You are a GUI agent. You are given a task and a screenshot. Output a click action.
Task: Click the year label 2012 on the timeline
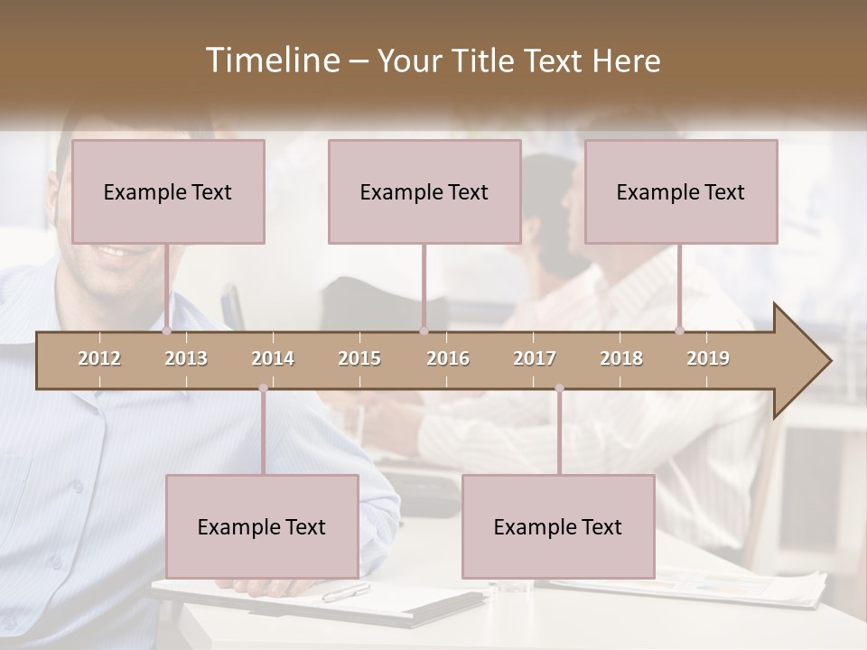click(99, 358)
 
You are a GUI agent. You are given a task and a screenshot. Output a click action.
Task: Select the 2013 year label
click(186, 358)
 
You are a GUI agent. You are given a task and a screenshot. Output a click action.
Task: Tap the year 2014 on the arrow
click(273, 358)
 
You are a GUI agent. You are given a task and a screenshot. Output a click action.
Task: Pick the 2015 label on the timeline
click(359, 358)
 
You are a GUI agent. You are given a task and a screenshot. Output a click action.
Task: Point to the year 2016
click(448, 358)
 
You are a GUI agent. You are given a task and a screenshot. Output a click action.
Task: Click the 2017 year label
click(535, 358)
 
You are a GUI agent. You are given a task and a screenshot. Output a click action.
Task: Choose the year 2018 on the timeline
click(621, 358)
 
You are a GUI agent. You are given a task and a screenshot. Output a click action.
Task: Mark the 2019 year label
click(708, 358)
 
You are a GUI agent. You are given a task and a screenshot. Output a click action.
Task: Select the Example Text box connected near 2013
click(168, 191)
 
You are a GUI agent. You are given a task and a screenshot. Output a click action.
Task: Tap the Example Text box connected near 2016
click(424, 191)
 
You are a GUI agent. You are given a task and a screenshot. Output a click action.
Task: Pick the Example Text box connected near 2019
click(681, 191)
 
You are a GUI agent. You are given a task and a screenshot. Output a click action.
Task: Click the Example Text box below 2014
click(262, 526)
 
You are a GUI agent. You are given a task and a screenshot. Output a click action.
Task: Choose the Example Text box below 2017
click(558, 526)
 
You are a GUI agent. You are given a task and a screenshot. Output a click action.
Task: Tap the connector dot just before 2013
click(166, 331)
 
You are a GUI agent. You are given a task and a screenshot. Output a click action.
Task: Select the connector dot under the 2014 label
click(263, 388)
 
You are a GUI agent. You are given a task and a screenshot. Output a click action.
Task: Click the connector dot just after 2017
click(559, 388)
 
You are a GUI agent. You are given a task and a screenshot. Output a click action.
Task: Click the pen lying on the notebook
click(346, 592)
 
